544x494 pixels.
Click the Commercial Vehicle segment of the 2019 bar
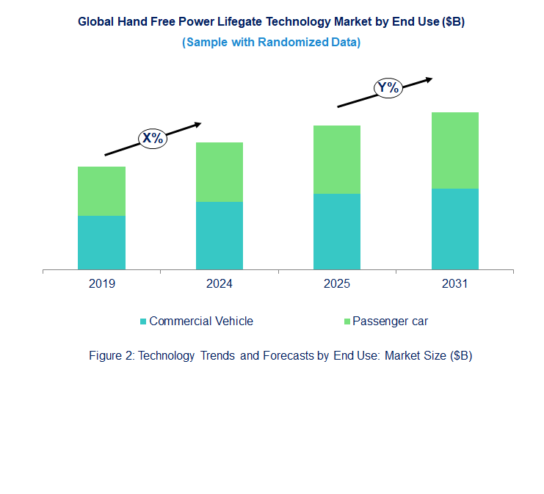[101, 242]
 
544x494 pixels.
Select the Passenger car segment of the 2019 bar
[101, 191]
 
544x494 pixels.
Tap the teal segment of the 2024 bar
[220, 236]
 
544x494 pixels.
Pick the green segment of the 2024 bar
[220, 172]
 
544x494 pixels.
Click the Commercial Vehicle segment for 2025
[337, 231]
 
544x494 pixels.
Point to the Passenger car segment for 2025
[337, 159]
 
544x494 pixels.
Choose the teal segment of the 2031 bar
[455, 229]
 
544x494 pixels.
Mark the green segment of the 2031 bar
[455, 150]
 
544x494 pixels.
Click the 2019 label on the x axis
[101, 284]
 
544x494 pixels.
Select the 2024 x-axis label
[220, 284]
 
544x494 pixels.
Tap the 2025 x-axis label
[337, 284]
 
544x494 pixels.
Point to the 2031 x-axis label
[455, 284]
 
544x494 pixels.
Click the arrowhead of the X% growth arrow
[198, 125]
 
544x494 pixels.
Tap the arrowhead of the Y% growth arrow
[429, 80]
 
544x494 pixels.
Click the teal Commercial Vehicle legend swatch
[143, 322]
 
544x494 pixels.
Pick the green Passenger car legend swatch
[347, 322]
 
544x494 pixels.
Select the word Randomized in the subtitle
[293, 43]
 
